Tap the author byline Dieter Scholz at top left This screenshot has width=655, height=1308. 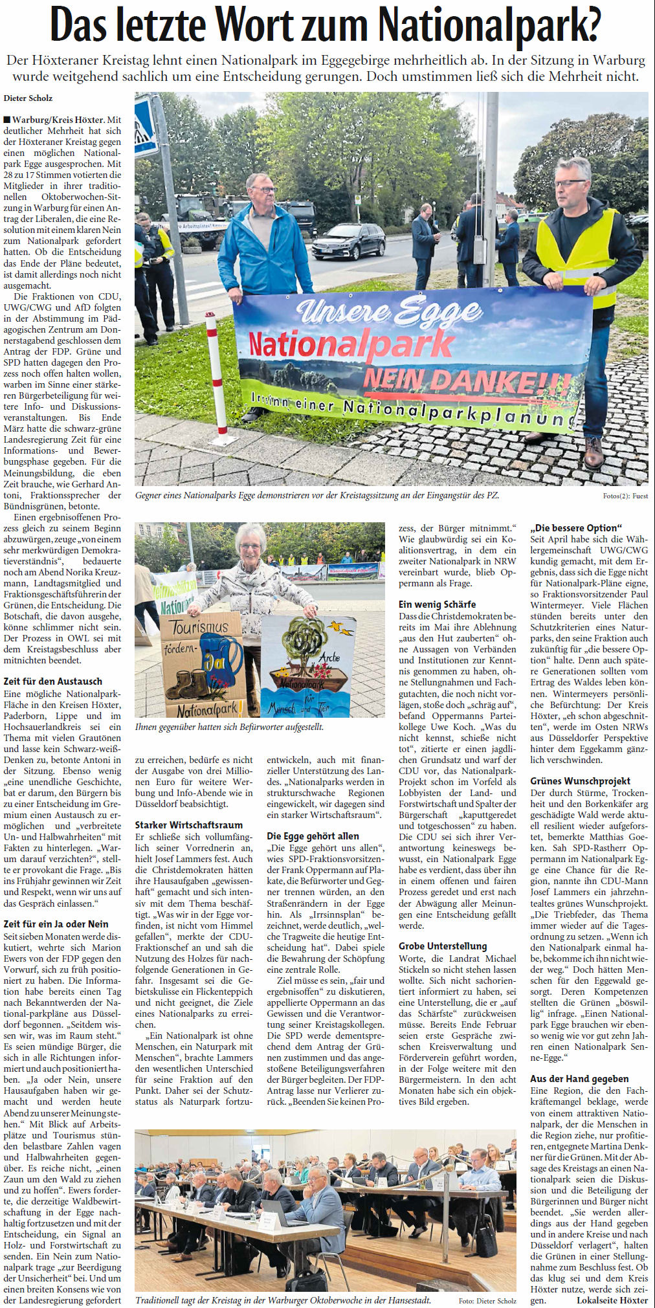tap(28, 98)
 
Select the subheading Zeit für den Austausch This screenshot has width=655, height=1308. tap(52, 681)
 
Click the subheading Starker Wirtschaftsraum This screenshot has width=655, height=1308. tap(189, 825)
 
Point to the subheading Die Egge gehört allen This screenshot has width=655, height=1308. tap(313, 836)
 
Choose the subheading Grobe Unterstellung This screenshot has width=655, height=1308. tap(443, 946)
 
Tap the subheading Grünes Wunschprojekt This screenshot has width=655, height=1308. tap(581, 781)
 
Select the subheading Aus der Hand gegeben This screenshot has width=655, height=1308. tap(579, 1078)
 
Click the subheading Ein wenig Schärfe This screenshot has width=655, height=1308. tap(437, 604)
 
